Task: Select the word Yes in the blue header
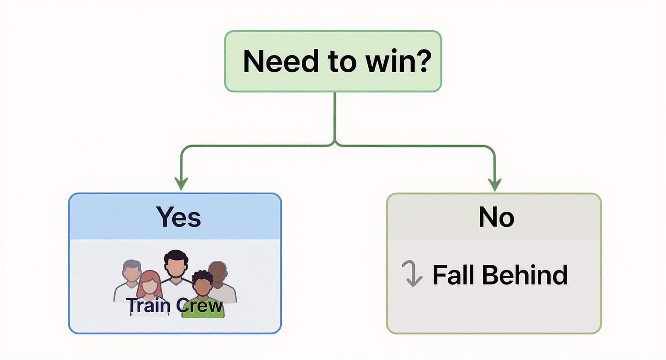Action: click(178, 217)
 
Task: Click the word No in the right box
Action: click(496, 217)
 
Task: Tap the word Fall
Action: click(454, 275)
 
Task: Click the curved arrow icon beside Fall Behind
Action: click(412, 274)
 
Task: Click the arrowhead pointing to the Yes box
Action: click(181, 184)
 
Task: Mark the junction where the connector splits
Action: click(334, 144)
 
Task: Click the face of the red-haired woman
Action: click(149, 285)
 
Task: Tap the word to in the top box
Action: click(335, 61)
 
